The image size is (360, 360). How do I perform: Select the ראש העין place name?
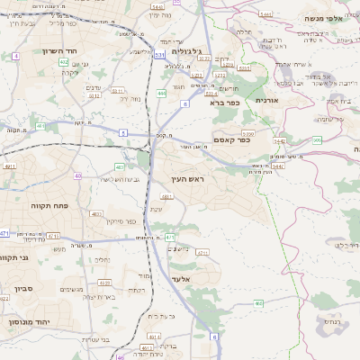click(x=189, y=180)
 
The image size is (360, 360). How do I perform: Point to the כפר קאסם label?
click(x=231, y=139)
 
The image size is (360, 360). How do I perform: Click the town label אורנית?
click(x=268, y=100)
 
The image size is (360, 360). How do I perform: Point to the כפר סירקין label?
click(x=121, y=220)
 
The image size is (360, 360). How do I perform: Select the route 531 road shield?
click(x=158, y=56)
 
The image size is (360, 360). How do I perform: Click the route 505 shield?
click(x=317, y=140)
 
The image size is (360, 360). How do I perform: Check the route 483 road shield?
click(x=121, y=166)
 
